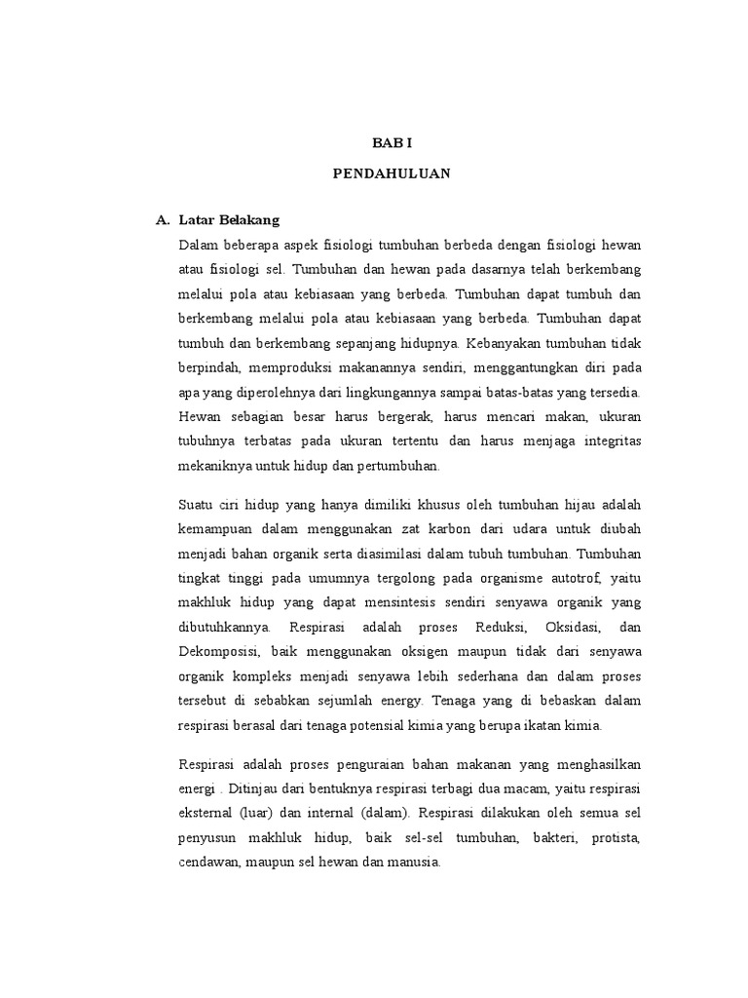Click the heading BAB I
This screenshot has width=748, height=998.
click(393, 142)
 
